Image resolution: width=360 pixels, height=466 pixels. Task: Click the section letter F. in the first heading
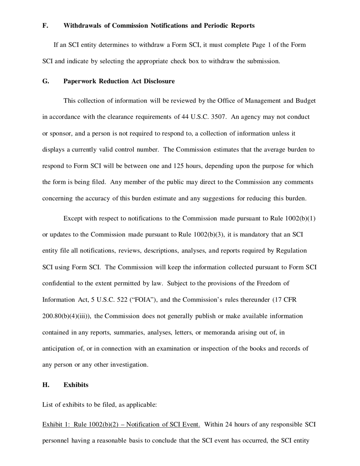coord(45,26)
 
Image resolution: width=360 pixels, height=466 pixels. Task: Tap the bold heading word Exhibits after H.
coord(76,385)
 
